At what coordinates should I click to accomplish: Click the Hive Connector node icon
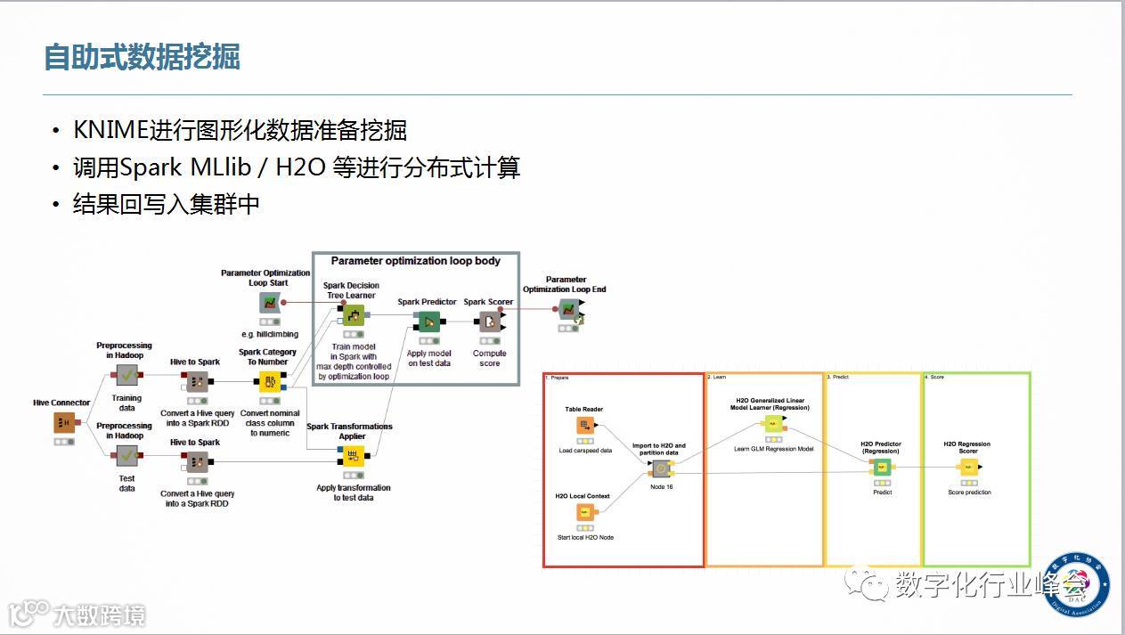coord(63,422)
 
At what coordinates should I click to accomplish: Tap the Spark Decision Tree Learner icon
coord(353,315)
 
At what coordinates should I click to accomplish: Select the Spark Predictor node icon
coord(428,322)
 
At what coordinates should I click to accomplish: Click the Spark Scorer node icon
coord(489,322)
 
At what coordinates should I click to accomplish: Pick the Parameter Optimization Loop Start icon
coord(268,303)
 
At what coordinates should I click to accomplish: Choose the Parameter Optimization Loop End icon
coord(567,309)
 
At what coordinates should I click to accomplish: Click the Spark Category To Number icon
coord(269,382)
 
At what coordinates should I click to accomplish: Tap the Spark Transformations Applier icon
coord(353,457)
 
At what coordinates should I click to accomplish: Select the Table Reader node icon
coord(584,426)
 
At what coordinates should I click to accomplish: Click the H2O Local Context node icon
coord(584,512)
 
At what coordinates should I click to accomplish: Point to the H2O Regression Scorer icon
coord(968,467)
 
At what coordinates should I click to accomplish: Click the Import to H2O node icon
coord(660,468)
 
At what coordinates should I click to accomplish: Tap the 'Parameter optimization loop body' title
coord(415,261)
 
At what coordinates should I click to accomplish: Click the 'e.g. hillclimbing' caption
coord(269,334)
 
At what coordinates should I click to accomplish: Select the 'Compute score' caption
coord(489,358)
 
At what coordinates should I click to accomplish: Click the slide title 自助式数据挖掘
coord(143,57)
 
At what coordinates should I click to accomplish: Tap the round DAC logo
coord(1076,582)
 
